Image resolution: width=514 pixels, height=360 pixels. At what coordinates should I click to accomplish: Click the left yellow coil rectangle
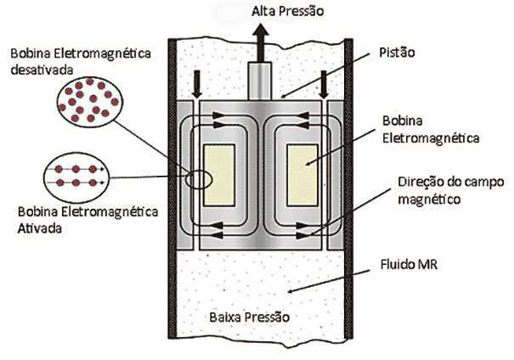[220, 175]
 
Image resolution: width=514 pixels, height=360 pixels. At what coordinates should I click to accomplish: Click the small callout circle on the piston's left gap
[201, 181]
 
